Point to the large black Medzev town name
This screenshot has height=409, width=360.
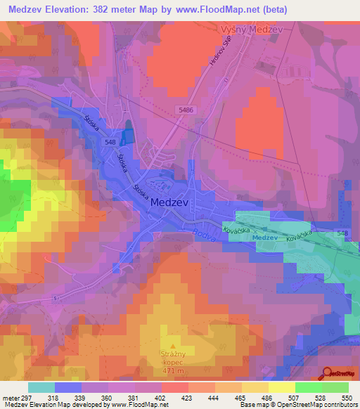pos(169,202)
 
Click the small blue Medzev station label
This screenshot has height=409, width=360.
pos(265,238)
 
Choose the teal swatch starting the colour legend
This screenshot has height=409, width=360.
pos(41,387)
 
